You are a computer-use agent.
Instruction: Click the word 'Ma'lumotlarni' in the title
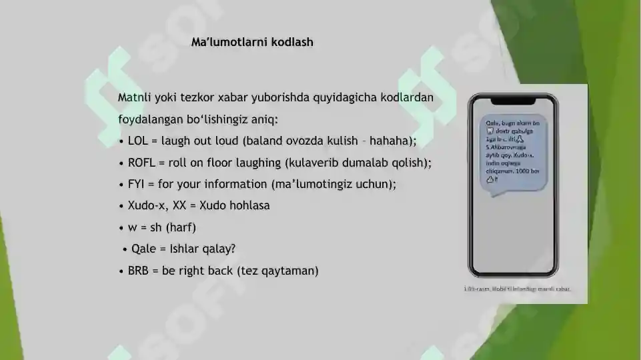225,42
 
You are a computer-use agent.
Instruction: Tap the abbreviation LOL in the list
137,141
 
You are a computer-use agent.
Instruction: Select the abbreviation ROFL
142,162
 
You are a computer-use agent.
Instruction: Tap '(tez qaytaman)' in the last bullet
277,271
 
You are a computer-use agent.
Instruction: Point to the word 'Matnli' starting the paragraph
134,97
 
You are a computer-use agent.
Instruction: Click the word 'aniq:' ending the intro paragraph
263,119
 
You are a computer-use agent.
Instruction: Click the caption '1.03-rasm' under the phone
478,289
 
